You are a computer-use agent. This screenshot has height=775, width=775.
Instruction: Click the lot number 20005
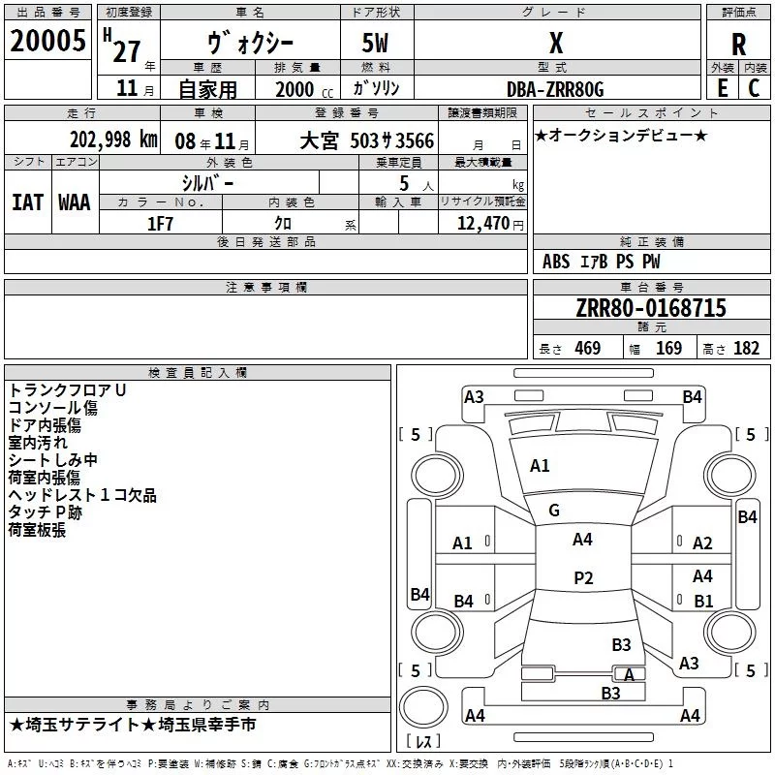click(x=47, y=42)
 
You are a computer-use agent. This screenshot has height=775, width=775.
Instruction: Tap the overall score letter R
click(x=738, y=44)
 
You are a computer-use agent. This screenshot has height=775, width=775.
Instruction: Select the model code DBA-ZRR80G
click(x=555, y=89)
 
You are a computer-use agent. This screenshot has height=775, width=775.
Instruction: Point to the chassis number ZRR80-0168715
click(x=650, y=308)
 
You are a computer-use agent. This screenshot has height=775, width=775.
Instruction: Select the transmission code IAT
click(x=27, y=201)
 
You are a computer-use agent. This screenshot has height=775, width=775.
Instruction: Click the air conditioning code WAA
click(x=75, y=201)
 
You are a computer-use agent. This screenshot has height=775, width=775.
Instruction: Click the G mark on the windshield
click(x=554, y=511)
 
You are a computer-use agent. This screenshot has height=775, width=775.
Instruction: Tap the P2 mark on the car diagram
click(x=583, y=578)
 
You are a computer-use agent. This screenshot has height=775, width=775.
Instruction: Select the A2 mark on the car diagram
click(x=702, y=543)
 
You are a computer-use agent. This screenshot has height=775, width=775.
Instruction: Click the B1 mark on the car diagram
click(x=703, y=601)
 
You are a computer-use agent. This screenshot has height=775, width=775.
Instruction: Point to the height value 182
click(x=746, y=349)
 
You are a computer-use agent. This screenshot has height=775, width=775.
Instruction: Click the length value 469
click(x=587, y=349)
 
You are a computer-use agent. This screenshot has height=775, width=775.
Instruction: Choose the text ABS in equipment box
click(x=556, y=262)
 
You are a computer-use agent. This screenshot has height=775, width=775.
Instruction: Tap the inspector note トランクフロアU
click(x=67, y=390)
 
